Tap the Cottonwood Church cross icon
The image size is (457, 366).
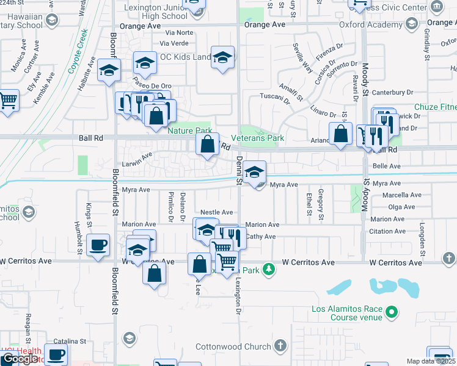coord(280,346)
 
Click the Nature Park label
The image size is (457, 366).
coord(190,131)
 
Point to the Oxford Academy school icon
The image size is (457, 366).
coord(411,24)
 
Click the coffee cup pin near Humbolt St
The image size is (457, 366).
coord(98,245)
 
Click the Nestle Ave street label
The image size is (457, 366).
coord(217,212)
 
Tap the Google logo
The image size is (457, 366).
coord(20,358)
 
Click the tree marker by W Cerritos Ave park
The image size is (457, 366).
coord(268,270)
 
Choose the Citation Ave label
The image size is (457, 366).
coord(388,231)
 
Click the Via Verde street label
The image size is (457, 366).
coord(174,43)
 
